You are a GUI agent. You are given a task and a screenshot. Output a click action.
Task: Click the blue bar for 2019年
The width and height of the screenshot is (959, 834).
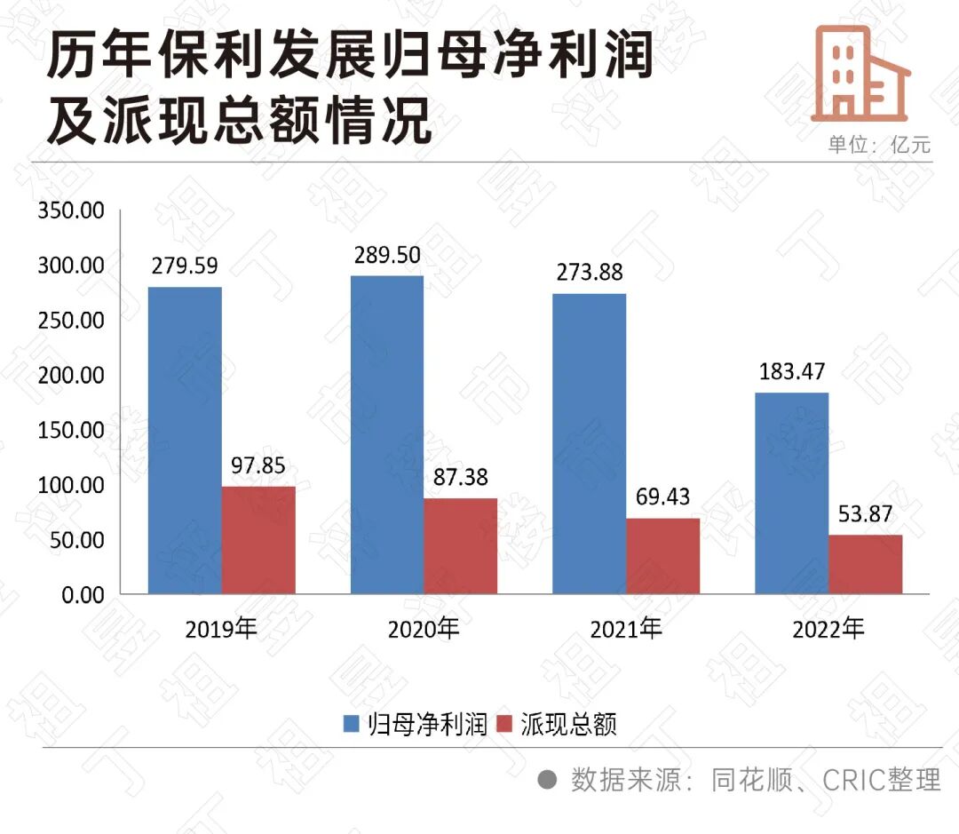[185, 440]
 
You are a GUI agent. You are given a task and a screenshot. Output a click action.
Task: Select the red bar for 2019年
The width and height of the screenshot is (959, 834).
[258, 539]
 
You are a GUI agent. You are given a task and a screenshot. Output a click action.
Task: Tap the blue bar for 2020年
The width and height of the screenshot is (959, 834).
[387, 434]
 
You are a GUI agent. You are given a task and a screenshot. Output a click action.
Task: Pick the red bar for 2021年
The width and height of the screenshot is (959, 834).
[662, 555]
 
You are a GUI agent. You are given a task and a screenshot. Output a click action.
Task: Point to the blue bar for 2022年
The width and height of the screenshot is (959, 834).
[791, 493]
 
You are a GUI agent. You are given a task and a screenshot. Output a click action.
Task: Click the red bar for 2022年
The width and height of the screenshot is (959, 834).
[865, 563]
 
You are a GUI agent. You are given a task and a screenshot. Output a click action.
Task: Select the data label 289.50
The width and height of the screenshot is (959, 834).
[387, 255]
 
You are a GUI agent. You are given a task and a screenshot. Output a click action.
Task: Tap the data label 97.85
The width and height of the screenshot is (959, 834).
[258, 465]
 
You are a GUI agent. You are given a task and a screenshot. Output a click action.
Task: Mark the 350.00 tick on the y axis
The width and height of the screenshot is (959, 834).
[71, 211]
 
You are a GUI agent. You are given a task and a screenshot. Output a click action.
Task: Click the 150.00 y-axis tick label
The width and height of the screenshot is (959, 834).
[71, 430]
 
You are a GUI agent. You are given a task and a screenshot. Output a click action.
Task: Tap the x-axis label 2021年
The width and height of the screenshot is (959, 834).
[626, 629]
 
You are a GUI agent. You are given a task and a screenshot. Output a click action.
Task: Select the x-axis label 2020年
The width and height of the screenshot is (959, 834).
[424, 629]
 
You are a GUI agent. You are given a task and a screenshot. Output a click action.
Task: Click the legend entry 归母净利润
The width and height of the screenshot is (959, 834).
[416, 724]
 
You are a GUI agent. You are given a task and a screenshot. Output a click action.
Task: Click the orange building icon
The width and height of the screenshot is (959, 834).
[860, 73]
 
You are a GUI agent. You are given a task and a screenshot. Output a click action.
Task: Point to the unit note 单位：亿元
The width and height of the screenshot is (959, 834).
[879, 144]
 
